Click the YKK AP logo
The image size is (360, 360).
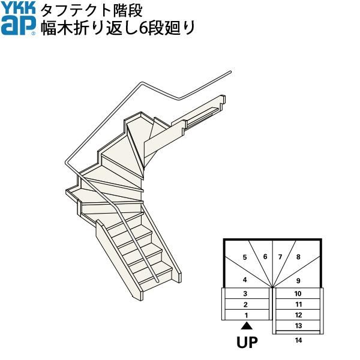tap(19, 19)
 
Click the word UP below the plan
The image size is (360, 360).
tap(246, 344)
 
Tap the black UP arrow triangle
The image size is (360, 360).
tap(246, 326)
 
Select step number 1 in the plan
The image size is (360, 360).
tap(245, 315)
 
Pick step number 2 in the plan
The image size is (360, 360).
tap(245, 304)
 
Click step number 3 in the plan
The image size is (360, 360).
tap(245, 294)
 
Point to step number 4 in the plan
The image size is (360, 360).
tap(245, 280)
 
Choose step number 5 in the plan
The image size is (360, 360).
tap(245, 257)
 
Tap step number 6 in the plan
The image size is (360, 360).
tap(265, 256)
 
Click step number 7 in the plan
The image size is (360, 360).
tap(280, 257)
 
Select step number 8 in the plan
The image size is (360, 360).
tap(298, 257)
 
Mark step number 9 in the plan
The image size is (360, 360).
tap(298, 280)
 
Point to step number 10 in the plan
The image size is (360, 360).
tap(298, 294)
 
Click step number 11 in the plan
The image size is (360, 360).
tap(298, 304)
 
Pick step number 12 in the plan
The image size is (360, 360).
tap(298, 315)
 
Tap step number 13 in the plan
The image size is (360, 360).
tap(298, 325)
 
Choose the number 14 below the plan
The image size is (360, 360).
tap(298, 340)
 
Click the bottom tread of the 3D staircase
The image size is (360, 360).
tap(158, 287)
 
